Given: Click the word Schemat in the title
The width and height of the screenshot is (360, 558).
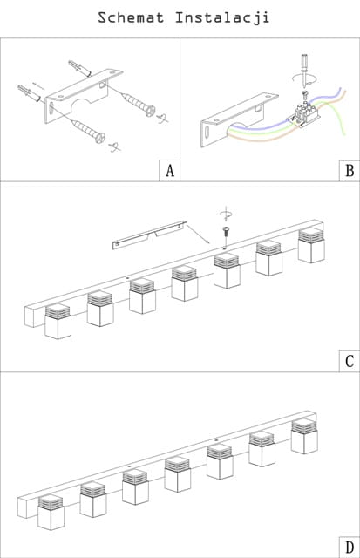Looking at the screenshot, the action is [x=131, y=17].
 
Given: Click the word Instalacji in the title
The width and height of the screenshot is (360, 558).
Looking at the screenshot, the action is [x=222, y=18].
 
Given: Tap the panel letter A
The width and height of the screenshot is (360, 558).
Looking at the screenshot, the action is [x=170, y=171].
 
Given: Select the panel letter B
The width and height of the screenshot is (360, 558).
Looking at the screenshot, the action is [x=350, y=171].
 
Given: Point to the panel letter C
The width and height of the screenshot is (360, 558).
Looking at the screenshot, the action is [x=350, y=361].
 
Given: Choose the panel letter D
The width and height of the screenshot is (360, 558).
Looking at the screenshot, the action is [x=350, y=547].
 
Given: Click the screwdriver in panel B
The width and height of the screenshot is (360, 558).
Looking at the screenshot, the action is [x=304, y=71].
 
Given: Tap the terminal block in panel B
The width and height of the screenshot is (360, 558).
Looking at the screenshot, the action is [x=305, y=113].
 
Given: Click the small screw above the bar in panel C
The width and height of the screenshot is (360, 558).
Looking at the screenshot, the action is [x=225, y=231].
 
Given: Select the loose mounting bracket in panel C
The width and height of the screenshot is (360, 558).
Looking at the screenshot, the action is [x=149, y=235].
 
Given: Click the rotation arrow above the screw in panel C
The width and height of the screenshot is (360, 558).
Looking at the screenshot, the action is [x=226, y=214].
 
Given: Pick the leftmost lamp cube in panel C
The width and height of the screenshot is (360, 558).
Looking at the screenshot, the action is [x=58, y=321].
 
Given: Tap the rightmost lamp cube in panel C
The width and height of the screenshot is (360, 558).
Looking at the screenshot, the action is [x=311, y=245].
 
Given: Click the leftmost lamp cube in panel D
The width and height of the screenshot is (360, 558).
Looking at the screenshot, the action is [x=51, y=512].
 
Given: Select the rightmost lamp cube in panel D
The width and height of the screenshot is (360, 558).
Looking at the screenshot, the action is [x=304, y=436].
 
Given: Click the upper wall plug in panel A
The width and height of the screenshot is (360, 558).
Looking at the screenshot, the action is [x=79, y=68].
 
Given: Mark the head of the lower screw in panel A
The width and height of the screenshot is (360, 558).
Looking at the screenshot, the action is [x=100, y=138].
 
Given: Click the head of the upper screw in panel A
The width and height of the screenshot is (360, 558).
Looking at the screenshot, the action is [x=150, y=111].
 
